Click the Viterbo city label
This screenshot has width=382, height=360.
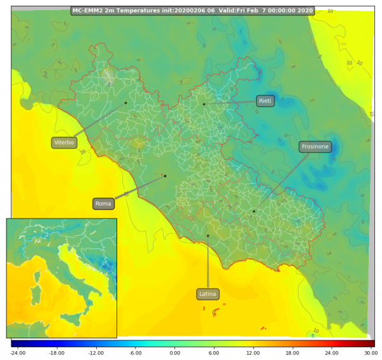[x=64, y=143]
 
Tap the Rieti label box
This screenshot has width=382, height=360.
[x=265, y=101]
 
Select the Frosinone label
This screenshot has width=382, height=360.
[x=315, y=147]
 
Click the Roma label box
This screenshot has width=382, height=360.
[x=103, y=204]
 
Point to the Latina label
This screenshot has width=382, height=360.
[x=208, y=294]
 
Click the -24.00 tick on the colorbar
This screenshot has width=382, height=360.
[x=17, y=352]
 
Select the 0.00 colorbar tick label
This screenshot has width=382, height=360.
[x=174, y=352]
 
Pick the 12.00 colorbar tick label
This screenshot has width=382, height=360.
[x=253, y=352]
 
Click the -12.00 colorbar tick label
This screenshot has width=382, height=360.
[x=96, y=352]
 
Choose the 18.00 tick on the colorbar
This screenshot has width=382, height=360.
[x=292, y=352]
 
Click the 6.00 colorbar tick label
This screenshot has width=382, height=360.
[x=214, y=352]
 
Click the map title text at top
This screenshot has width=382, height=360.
[x=192, y=10]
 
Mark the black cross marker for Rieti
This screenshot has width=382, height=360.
[x=204, y=104]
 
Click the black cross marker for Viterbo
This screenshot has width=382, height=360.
[x=125, y=103]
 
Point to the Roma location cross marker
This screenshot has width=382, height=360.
[x=165, y=176]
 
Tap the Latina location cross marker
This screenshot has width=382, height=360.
[x=208, y=236]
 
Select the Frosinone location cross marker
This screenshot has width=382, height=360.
[x=253, y=212]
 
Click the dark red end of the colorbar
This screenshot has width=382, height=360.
[x=372, y=343]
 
